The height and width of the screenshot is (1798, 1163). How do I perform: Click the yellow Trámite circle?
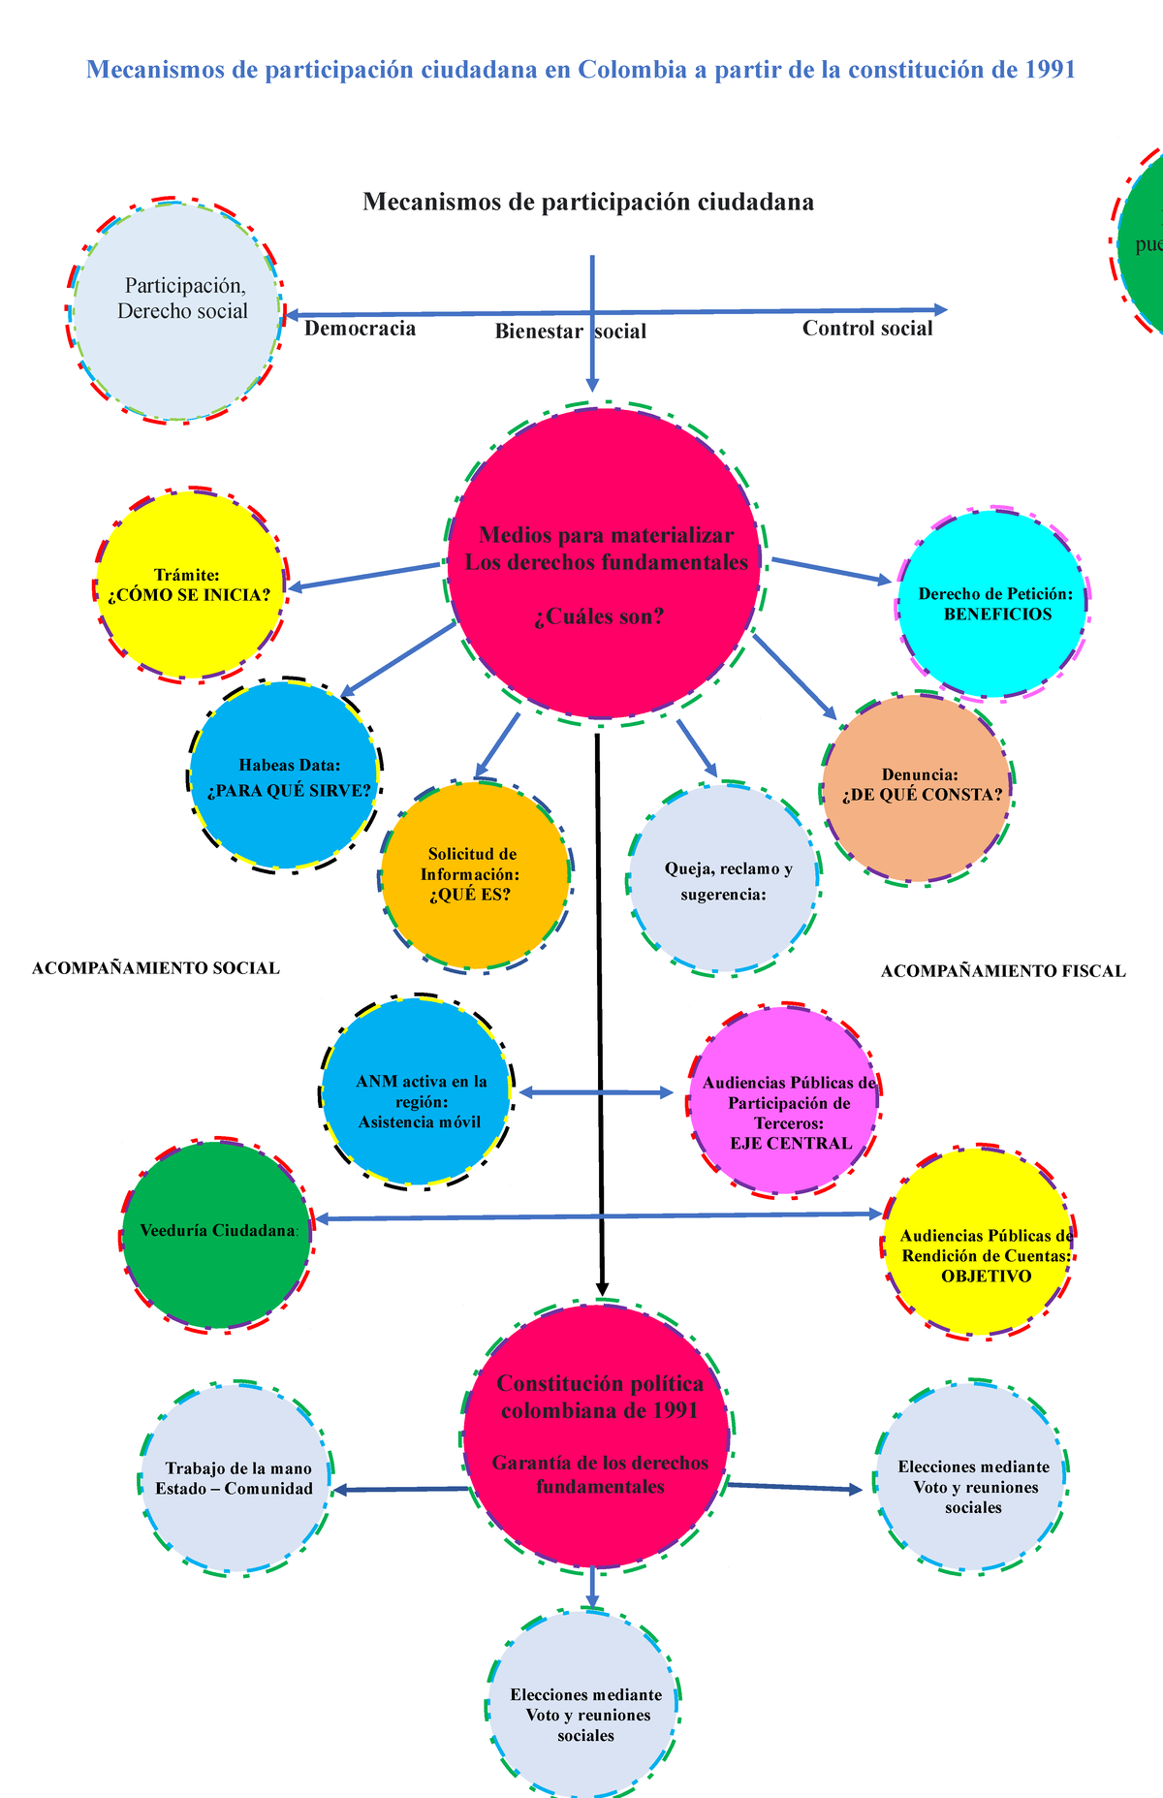coord(192,584)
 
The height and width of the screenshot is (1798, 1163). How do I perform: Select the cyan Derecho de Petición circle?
coord(991,604)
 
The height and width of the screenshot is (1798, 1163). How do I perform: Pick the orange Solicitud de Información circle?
coord(475,874)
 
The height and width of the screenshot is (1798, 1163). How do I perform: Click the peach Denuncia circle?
coord(917,788)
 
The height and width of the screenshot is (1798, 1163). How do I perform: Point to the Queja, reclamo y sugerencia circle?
coord(724,877)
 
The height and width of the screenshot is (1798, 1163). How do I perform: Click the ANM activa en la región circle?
coord(417,1091)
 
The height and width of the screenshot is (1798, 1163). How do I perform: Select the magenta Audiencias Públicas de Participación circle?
coord(784,1101)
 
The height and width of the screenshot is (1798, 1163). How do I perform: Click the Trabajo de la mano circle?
coord(236,1478)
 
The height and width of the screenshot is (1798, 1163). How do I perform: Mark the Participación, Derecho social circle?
coord(175,311)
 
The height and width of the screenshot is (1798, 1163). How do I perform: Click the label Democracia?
coord(361,329)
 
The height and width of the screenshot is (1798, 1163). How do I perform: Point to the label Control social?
coord(867,329)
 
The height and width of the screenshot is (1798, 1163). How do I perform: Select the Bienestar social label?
coord(571,331)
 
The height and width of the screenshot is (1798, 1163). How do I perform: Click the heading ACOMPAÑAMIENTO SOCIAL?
coord(156,968)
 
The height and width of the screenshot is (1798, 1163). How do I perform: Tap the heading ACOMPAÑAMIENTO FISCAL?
coord(1003,971)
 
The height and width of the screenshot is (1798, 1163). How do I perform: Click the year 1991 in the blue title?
coord(1050,70)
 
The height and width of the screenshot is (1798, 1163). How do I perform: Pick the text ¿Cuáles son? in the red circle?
coord(599,616)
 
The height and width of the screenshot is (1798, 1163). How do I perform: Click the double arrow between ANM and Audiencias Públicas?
coord(596,1092)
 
